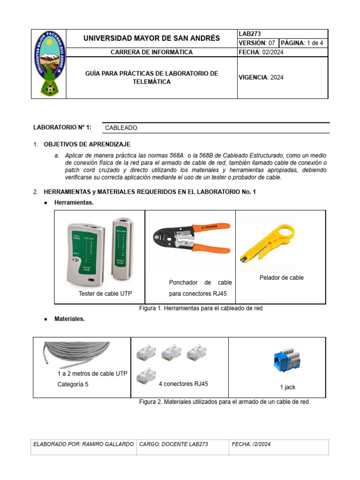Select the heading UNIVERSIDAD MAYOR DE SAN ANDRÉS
click(151, 38)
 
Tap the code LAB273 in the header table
click(250, 34)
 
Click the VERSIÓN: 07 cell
click(257, 43)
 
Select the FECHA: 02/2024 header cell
click(261, 52)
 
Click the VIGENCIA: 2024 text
click(261, 77)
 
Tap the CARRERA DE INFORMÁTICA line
click(151, 52)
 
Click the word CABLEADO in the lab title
click(122, 127)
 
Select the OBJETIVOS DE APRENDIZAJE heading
click(87, 144)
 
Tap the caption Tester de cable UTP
click(105, 293)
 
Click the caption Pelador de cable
click(281, 277)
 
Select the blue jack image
click(287, 362)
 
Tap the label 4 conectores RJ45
click(183, 383)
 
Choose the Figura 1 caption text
click(201, 308)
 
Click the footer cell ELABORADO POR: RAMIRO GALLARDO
click(83, 444)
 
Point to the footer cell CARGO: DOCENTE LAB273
click(174, 444)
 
